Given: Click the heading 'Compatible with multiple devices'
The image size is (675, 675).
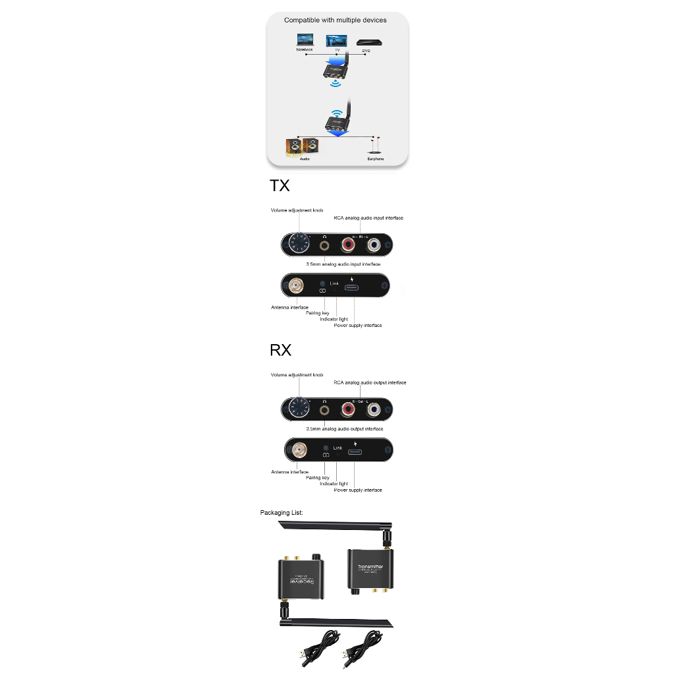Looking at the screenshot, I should click(335, 20).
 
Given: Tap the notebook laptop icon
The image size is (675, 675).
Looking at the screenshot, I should click(305, 40).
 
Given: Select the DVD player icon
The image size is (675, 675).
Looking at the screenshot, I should click(369, 43).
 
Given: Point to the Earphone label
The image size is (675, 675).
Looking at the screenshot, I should click(375, 159).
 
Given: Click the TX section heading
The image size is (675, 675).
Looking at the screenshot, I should click(279, 186).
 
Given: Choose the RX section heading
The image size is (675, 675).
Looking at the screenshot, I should click(280, 350).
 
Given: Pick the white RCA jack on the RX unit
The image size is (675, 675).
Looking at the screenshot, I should click(374, 410).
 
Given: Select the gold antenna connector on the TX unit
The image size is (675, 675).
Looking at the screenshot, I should click(295, 286).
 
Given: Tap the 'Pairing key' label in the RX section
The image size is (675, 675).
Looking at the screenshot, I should click(318, 477).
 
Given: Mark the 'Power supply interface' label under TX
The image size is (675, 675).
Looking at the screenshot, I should click(357, 326).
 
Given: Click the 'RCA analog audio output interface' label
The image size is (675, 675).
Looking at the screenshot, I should click(370, 382).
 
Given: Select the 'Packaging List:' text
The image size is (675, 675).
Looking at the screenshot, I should click(281, 512).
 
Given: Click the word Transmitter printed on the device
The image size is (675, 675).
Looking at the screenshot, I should click(370, 567).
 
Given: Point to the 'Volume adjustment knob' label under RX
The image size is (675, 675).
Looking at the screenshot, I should click(297, 374).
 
